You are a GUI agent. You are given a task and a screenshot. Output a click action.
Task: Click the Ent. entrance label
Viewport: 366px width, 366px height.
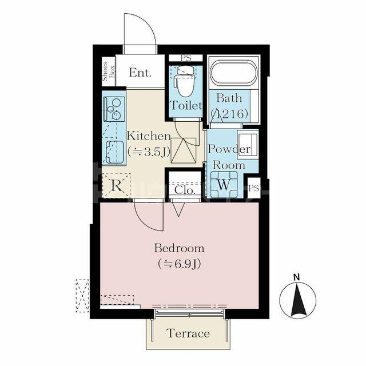(140, 73)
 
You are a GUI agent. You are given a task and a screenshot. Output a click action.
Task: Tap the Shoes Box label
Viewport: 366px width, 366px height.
(109, 71)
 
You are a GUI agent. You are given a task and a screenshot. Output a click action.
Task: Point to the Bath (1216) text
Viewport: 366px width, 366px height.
(229, 106)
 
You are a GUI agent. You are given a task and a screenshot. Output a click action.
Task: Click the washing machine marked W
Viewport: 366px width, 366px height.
(224, 184)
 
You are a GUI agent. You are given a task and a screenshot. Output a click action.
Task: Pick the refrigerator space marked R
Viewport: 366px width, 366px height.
(116, 185)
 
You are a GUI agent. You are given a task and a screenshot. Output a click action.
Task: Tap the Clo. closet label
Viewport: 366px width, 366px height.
(185, 190)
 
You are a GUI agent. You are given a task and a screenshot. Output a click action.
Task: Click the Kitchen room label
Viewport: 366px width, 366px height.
(149, 136)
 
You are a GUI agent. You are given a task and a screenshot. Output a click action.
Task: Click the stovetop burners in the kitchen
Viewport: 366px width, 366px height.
(114, 109)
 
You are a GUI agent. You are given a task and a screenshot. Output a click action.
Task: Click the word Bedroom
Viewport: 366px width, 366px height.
(179, 248)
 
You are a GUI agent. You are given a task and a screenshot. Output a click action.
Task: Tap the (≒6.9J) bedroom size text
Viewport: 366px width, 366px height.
(179, 264)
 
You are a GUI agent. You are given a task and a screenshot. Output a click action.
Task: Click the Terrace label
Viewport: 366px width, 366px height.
(188, 333)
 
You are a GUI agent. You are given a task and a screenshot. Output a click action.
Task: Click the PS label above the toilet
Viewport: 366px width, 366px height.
(186, 58)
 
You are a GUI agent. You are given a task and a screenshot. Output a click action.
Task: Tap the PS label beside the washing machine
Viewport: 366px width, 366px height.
(254, 188)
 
